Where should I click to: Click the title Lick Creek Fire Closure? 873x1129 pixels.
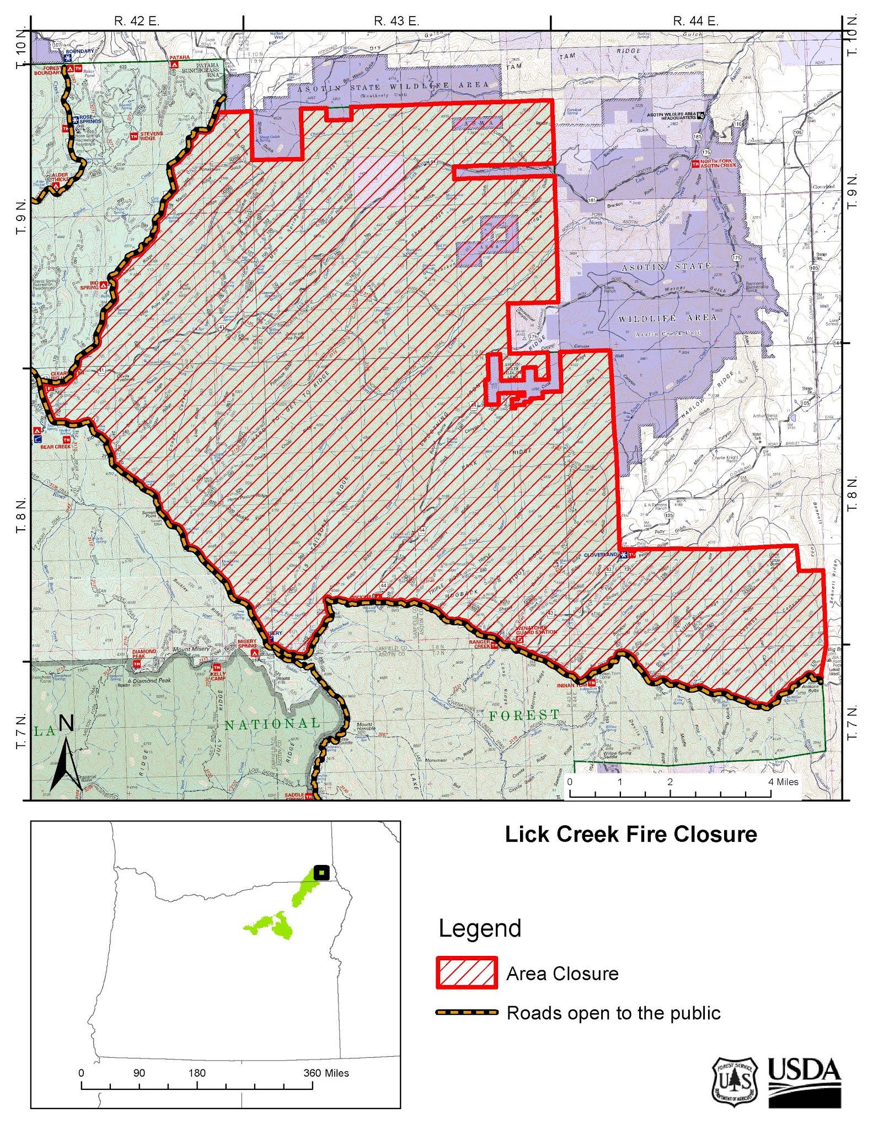tap(631, 834)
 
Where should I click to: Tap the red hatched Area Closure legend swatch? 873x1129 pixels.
tap(467, 973)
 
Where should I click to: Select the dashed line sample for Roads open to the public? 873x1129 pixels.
tap(467, 1013)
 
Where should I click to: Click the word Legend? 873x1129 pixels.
tap(479, 928)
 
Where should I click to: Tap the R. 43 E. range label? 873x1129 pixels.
tap(397, 21)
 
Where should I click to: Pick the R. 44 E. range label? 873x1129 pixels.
tap(696, 21)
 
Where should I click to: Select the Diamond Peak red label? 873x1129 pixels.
tap(144, 654)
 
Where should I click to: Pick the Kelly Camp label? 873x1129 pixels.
tap(219, 679)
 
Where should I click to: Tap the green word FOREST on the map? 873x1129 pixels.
tap(524, 715)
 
